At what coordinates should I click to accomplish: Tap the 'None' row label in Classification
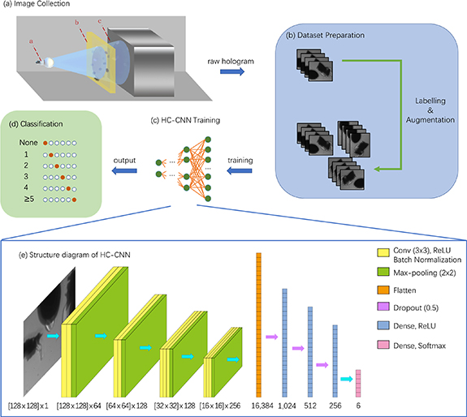point(31,142)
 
